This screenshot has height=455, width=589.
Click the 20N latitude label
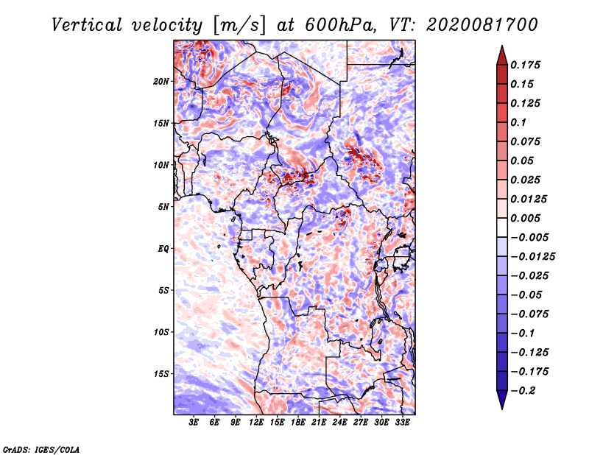(x=161, y=82)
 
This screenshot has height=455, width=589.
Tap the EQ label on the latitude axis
(x=163, y=249)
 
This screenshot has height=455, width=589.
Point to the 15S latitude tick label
(x=161, y=374)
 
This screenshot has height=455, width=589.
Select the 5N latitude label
(x=163, y=207)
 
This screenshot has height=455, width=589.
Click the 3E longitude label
(x=194, y=423)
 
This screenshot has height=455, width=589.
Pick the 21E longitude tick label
(x=319, y=423)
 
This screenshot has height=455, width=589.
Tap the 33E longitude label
(x=402, y=423)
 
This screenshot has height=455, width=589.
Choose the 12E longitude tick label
(x=255, y=423)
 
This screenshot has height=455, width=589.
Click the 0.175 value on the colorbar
(x=525, y=65)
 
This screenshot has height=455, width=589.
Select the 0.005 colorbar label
(x=525, y=218)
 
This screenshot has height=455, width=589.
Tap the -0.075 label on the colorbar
(x=529, y=314)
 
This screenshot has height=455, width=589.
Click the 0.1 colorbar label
(x=518, y=122)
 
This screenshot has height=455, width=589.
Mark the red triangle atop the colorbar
(x=502, y=55)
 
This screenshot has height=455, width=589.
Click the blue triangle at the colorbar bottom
(x=502, y=400)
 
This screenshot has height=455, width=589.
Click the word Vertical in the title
(x=87, y=25)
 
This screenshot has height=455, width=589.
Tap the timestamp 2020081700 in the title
(x=482, y=25)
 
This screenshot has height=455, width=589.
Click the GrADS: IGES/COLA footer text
(x=41, y=449)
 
